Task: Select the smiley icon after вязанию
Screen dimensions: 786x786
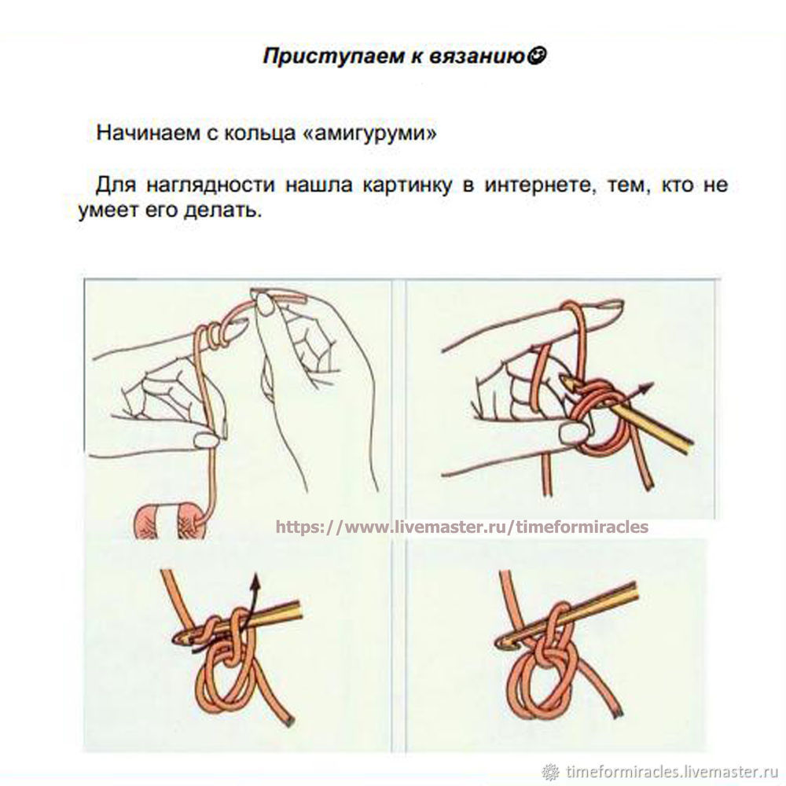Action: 538,55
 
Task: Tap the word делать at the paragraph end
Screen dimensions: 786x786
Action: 222,211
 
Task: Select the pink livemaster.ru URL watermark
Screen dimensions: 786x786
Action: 461,527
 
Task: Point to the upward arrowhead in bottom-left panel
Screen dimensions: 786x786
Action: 256,581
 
